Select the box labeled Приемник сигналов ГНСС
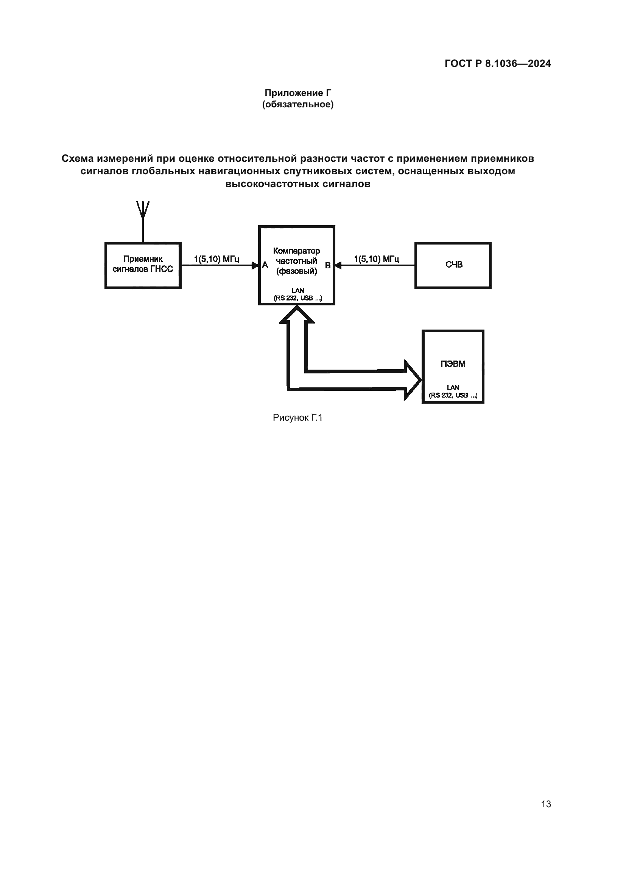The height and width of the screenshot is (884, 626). click(143, 265)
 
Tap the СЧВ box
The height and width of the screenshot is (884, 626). click(453, 265)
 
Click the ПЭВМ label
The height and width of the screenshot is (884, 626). click(453, 364)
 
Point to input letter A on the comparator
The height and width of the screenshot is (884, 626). click(265, 265)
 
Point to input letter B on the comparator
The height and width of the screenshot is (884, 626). click(328, 266)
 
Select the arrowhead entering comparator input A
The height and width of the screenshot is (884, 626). click(255, 265)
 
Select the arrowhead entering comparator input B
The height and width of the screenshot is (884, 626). click(338, 265)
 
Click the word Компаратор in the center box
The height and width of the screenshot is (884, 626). click(296, 251)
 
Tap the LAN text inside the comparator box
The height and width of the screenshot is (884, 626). click(297, 291)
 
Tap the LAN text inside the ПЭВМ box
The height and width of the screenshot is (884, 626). click(453, 388)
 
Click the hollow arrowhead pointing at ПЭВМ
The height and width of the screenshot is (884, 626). click(413, 380)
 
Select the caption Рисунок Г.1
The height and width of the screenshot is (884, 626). click(297, 418)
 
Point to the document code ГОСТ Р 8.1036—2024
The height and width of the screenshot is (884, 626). click(498, 63)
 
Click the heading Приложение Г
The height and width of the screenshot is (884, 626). click(297, 93)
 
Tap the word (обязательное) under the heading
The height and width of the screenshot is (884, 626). click(297, 104)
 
